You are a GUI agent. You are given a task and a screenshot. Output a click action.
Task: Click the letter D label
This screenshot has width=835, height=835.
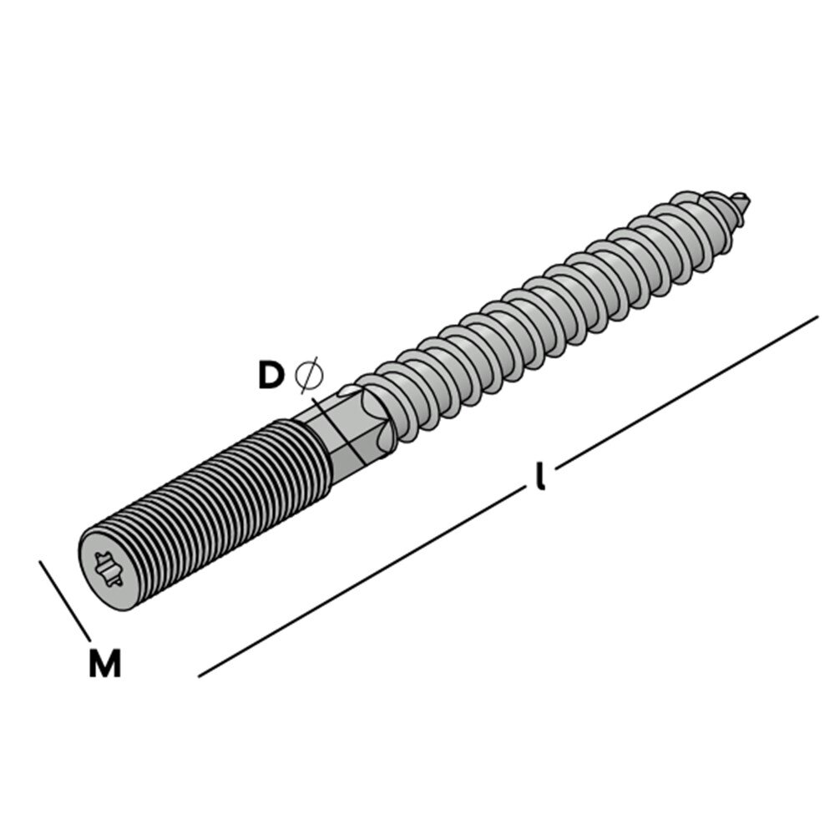pyautogui.click(x=271, y=374)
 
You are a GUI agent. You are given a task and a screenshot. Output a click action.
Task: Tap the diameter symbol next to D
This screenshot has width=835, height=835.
pyautogui.click(x=309, y=375)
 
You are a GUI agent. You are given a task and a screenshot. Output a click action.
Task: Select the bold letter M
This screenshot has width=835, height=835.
pyautogui.click(x=105, y=663)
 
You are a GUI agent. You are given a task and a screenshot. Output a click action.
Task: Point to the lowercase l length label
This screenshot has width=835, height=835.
pyautogui.click(x=540, y=477)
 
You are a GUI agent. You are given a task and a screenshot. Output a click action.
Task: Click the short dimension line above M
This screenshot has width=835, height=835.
pyautogui.click(x=65, y=600)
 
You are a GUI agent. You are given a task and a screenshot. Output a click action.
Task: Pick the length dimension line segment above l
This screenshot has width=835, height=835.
pyautogui.click(x=687, y=392)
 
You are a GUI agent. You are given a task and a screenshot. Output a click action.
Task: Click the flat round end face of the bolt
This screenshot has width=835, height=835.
pyautogui.click(x=109, y=570)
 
